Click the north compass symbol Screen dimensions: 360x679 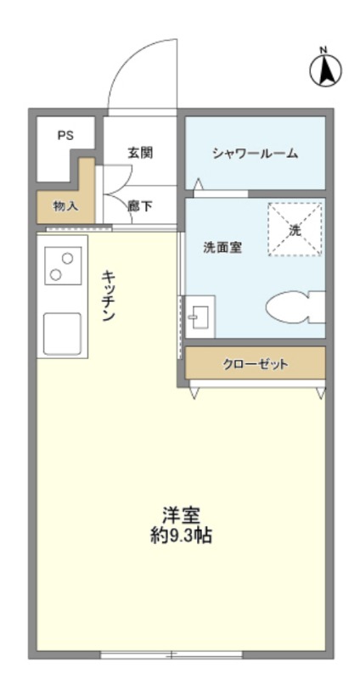pos(325,70)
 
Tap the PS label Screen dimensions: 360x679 pos(66,135)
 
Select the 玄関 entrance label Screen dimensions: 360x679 pos(140,153)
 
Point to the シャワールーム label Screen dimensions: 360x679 pos(256,154)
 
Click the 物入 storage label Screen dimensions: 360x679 pos(66,206)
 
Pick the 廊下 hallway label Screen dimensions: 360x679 pos(140,206)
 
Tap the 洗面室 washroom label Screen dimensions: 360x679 pos(222,248)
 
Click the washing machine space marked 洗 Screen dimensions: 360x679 pos(295,229)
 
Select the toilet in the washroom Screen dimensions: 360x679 pos(295,307)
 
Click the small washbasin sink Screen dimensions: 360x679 pos(200,317)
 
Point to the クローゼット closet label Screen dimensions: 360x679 pos(256,364)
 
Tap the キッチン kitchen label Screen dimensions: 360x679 pos(109,295)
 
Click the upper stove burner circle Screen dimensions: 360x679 pos(67,259)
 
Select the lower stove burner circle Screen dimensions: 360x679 pos(55,273)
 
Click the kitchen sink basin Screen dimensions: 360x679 pos(62,334)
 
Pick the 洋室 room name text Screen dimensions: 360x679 pos(181,516)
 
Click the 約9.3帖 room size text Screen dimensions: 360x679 pos(181,536)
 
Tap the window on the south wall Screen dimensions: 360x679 pos(172,654)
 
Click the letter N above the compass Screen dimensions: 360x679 pos(323,50)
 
